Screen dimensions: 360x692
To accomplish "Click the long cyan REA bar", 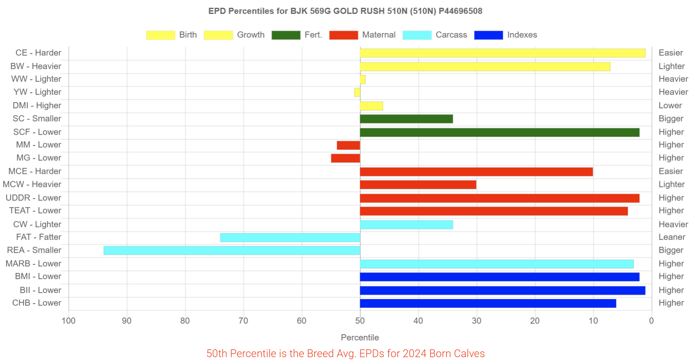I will (x=232, y=251).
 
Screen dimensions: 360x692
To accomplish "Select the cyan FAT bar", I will (x=290, y=238).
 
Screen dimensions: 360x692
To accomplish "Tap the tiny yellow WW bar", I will (x=363, y=80).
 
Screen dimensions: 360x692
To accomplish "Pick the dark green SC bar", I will (x=406, y=119).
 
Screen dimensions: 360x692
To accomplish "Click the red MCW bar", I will (x=418, y=184).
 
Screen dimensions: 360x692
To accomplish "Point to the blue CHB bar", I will (x=488, y=303).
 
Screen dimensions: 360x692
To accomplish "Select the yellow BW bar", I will (x=485, y=67).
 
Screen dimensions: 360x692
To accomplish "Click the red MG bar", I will (x=345, y=158).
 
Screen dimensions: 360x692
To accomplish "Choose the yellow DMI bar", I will (x=372, y=106).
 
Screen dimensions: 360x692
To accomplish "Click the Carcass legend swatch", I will (x=417, y=35).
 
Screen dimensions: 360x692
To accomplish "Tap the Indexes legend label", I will (x=522, y=35).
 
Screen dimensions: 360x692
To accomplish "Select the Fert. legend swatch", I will (x=286, y=35).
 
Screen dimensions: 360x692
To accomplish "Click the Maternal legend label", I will (x=379, y=35).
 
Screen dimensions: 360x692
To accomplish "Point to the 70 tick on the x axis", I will (x=243, y=321).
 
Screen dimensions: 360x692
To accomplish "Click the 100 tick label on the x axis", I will (x=69, y=321).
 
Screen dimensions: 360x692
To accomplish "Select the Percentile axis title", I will (x=360, y=338).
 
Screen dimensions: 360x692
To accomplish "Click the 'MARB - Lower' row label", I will (x=33, y=264).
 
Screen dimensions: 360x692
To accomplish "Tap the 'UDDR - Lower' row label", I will (x=33, y=198).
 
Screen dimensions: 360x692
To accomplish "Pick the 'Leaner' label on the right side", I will (x=672, y=237).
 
